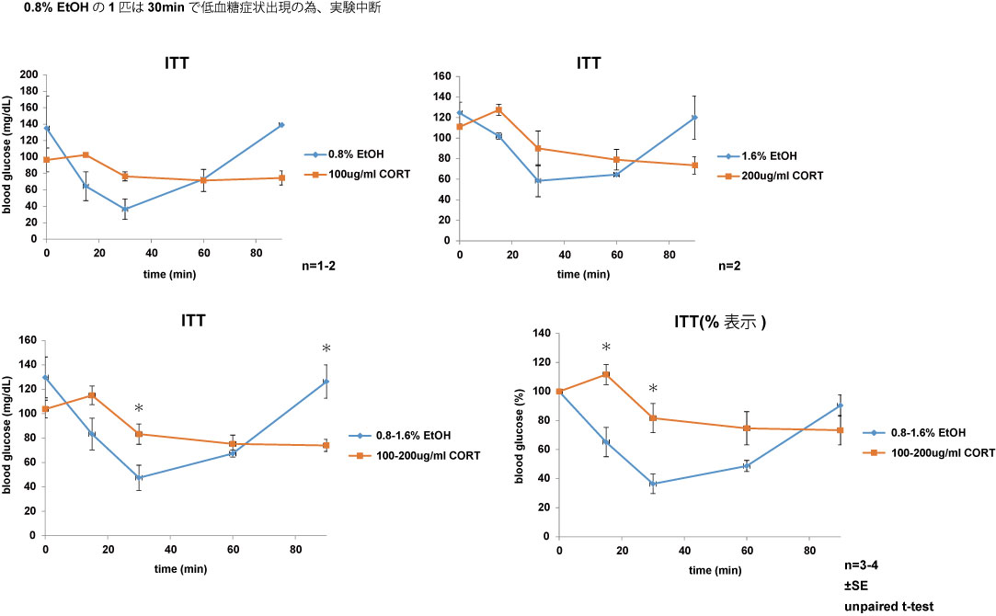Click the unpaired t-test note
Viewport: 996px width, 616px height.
[888, 606]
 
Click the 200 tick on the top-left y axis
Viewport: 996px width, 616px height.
[29, 74]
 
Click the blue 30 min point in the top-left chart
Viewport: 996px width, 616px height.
[124, 209]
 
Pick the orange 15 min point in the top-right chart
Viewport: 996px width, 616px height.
[498, 109]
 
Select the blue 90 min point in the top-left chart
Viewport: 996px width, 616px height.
[280, 124]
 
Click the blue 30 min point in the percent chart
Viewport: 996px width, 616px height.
[653, 484]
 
